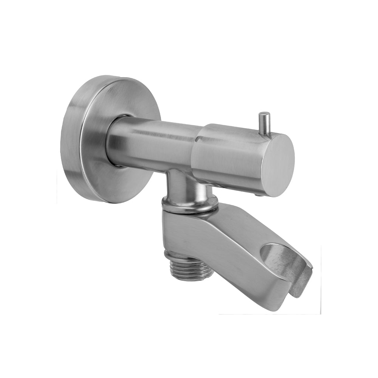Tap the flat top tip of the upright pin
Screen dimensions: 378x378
[x=264, y=114]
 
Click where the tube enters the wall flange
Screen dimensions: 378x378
[x=113, y=142]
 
